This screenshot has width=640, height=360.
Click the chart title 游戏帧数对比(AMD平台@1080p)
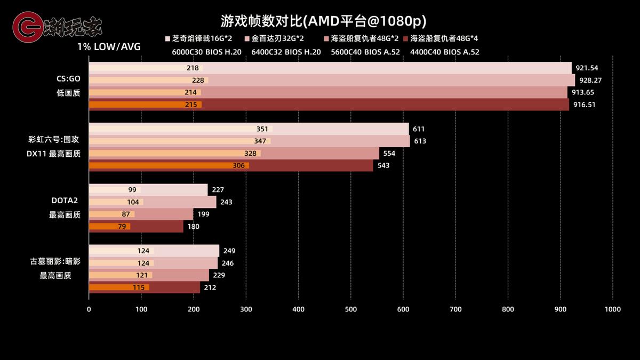tap(324, 21)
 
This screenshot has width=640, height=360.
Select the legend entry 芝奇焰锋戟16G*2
tap(202, 39)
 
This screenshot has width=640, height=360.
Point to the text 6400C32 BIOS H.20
tap(286, 52)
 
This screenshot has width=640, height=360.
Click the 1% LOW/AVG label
tap(109, 47)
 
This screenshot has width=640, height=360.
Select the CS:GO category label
tap(68, 78)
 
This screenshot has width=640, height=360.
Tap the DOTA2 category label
tap(65, 201)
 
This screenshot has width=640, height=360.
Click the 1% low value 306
tap(238, 165)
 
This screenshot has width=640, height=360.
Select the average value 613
tap(420, 141)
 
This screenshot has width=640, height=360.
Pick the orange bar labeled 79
tap(109, 227)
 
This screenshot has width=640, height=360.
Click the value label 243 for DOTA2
tap(226, 202)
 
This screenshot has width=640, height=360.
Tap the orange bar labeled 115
tap(118, 287)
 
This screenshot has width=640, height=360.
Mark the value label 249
tap(229, 251)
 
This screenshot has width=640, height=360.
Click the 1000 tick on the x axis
tap(612, 309)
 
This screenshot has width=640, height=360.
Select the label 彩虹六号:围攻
tap(56, 140)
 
